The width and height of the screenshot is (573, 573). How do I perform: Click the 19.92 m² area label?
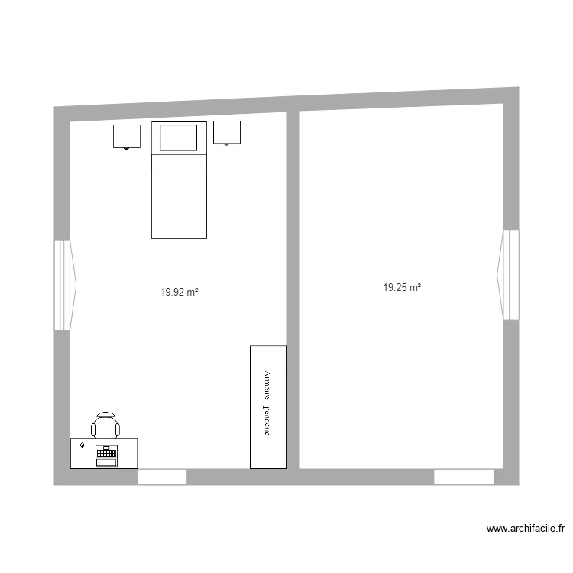click(x=180, y=291)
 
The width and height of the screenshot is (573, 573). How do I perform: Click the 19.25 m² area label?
click(x=402, y=288)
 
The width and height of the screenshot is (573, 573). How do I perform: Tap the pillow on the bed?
click(x=179, y=138)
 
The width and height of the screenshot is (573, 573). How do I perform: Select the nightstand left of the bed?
click(x=127, y=135)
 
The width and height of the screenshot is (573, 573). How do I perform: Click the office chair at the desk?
click(x=105, y=425)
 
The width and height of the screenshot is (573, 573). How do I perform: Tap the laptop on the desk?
click(x=105, y=455)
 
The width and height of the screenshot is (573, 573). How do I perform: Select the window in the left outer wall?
click(x=63, y=285)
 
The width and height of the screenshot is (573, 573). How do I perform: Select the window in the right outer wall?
click(x=510, y=275)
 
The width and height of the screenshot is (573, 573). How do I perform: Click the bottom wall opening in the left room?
click(x=162, y=477)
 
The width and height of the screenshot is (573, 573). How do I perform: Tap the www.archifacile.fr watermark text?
click(x=525, y=528)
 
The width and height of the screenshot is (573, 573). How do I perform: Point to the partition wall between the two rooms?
click(x=293, y=290)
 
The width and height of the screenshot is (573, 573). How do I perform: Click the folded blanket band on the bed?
click(x=180, y=161)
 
